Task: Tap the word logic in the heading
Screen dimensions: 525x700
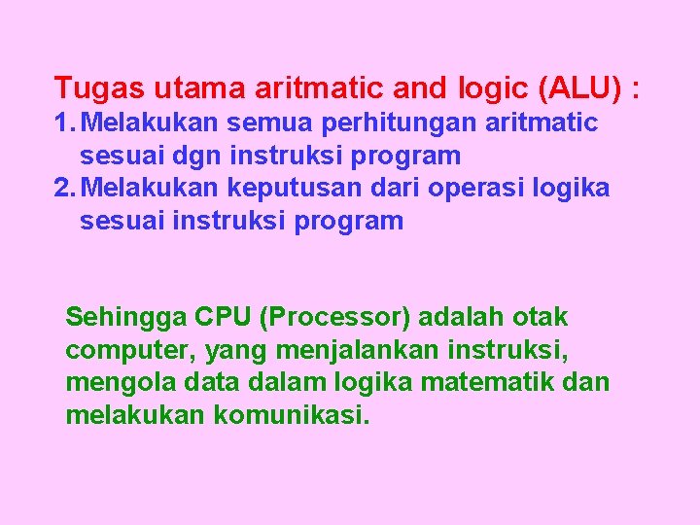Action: pyautogui.click(x=491, y=88)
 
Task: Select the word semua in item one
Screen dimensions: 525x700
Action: pyautogui.click(x=293, y=123)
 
